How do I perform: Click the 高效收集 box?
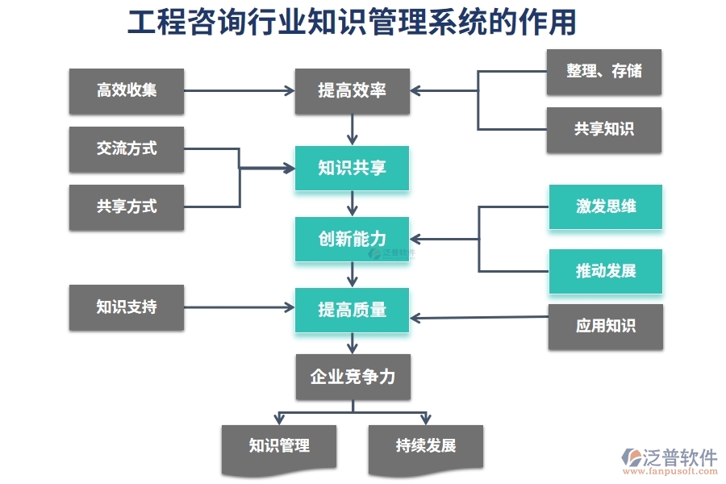click(127, 90)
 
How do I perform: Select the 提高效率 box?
click(352, 90)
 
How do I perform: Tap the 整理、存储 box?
click(604, 71)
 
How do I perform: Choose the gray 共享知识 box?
click(604, 130)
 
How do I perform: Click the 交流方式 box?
click(127, 148)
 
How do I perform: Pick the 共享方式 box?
click(127, 207)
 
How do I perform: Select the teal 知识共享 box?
click(352, 168)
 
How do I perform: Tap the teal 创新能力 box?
click(352, 239)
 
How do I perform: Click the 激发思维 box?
click(606, 207)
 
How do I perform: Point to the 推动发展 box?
click(606, 271)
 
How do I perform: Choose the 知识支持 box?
click(127, 307)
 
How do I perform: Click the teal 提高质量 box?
click(352, 310)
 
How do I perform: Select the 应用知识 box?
click(606, 326)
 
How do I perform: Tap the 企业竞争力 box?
click(353, 377)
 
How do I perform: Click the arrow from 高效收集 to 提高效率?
click(239, 90)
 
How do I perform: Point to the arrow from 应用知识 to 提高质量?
click(479, 317)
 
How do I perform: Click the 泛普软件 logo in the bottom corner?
click(670, 460)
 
